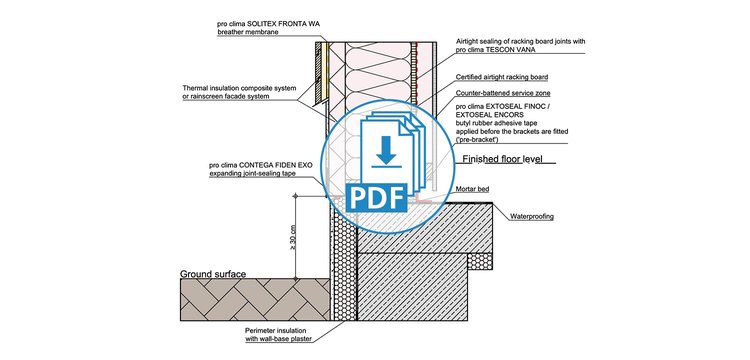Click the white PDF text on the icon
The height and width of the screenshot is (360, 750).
378,198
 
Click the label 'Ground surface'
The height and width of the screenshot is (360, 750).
213,274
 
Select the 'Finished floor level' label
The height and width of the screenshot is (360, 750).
502,159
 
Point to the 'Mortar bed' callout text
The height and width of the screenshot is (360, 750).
473,189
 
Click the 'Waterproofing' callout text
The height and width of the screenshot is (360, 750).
532,217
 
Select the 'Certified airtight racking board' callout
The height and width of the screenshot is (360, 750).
502,77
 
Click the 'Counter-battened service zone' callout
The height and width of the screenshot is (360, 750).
503,93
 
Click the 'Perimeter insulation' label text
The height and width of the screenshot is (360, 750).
276,331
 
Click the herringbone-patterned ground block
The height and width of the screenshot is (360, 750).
255,300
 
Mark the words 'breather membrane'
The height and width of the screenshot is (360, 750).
248,32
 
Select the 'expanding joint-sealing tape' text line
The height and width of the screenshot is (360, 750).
253,174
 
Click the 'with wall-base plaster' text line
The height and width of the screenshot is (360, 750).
278,339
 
